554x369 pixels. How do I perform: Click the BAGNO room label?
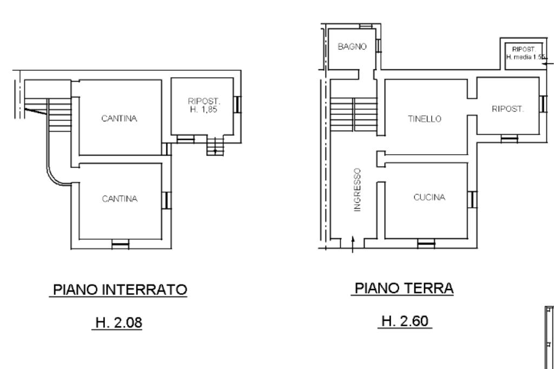(352, 47)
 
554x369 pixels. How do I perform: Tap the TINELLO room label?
(424, 118)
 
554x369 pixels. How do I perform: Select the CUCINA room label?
(429, 197)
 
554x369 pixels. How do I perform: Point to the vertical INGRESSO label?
(358, 190)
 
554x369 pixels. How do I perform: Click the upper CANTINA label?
(119, 118)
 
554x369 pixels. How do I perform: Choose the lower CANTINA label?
(120, 199)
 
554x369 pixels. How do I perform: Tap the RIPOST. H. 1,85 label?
(203, 106)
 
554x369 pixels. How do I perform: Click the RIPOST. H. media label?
(525, 53)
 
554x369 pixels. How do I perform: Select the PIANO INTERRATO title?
(120, 289)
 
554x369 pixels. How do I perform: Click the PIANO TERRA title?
(404, 288)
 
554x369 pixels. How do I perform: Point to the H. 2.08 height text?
(118, 322)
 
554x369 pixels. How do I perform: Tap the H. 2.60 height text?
(405, 321)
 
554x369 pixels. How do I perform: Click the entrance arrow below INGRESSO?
(353, 244)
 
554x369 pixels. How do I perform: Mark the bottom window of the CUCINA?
(426, 243)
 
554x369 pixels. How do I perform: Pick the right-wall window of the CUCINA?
(472, 199)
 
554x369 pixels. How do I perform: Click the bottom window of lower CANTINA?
(121, 244)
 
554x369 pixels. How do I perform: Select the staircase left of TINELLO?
(354, 115)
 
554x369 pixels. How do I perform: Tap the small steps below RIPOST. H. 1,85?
(215, 146)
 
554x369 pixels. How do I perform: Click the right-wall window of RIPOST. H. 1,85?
(238, 104)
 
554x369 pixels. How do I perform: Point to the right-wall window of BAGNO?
(378, 46)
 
